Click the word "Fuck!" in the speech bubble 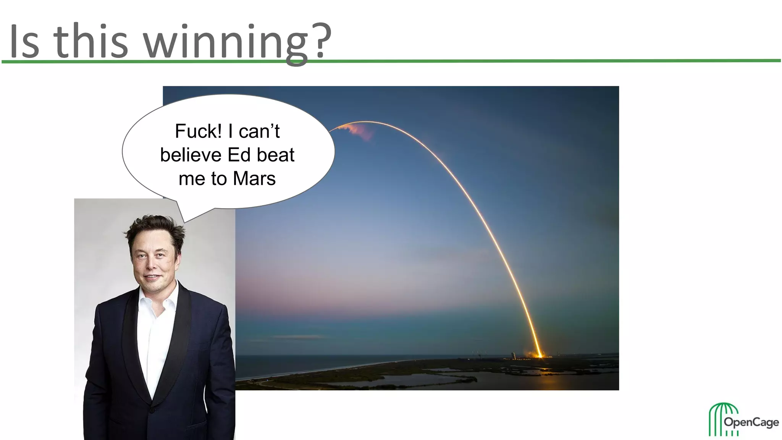[198, 131]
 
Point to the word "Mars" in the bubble [254, 179]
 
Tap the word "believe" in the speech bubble [191, 155]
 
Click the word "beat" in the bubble [275, 155]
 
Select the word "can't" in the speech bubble [259, 131]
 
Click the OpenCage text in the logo [751, 422]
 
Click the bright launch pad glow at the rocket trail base [540, 356]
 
